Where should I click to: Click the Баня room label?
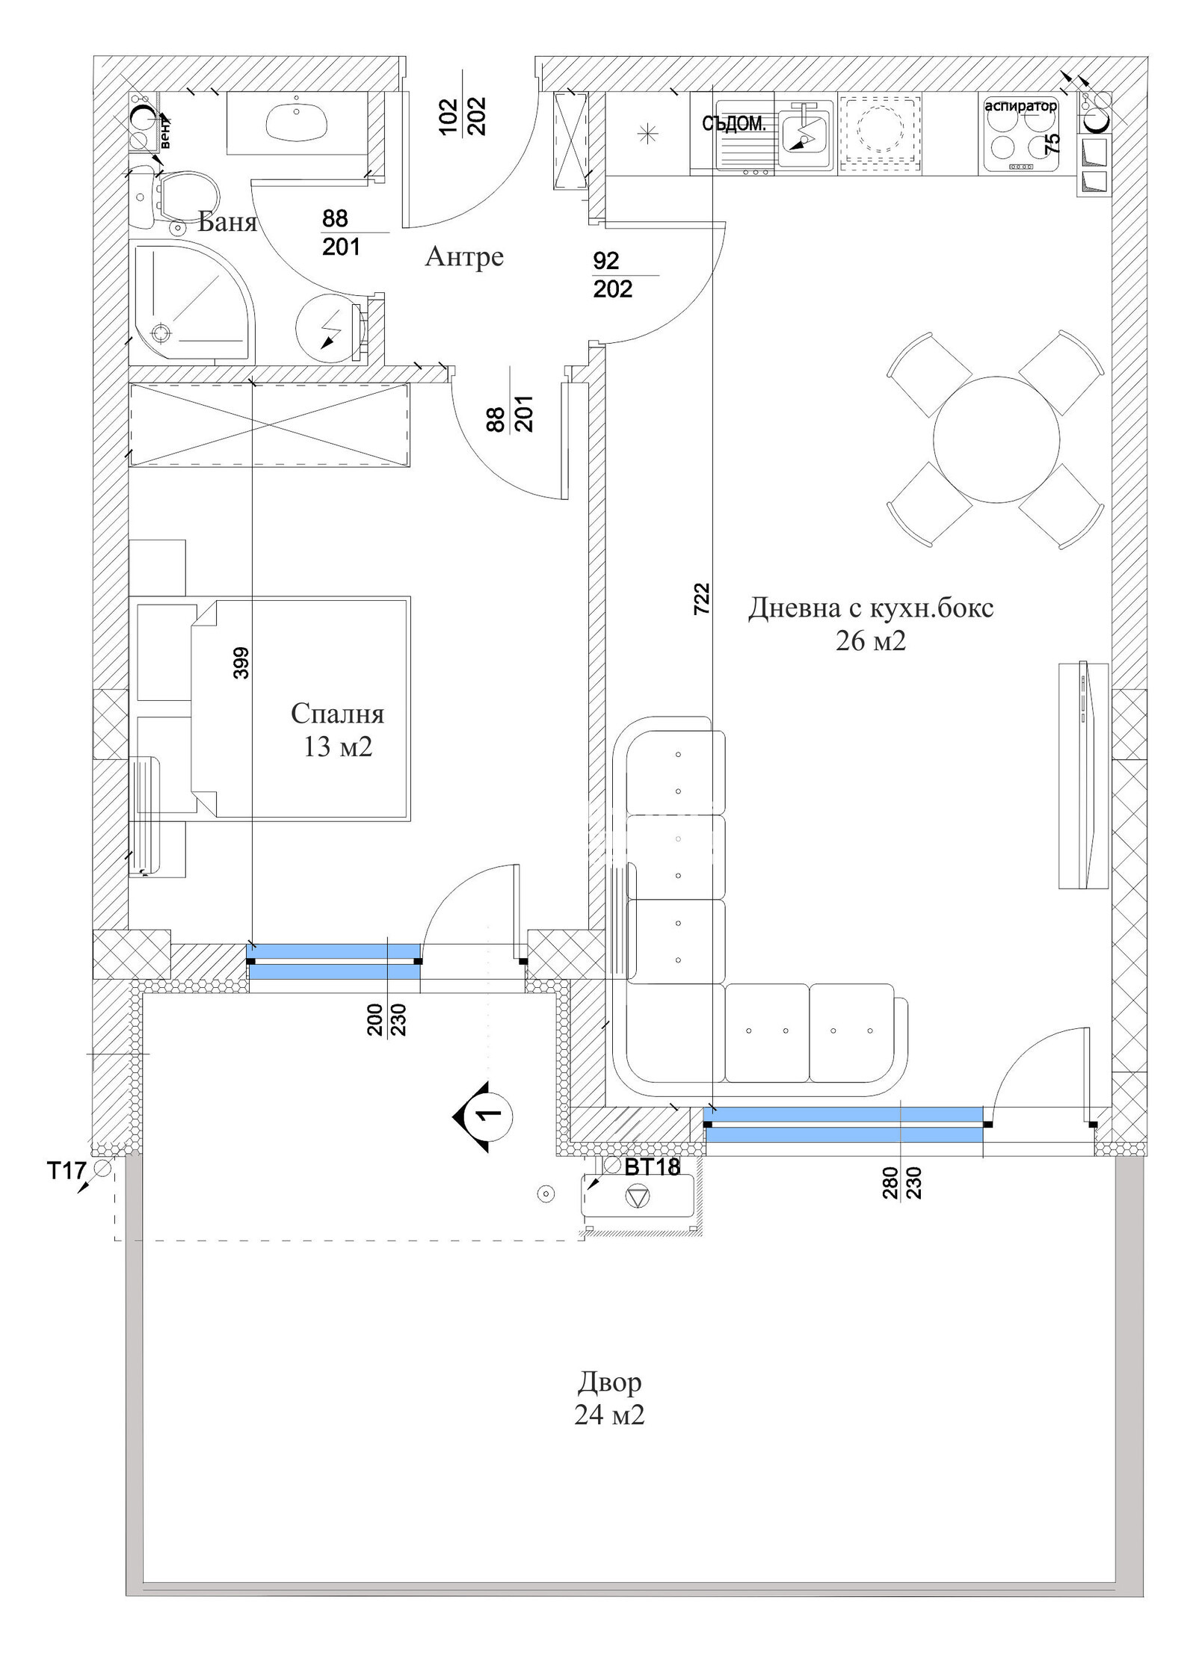[x=227, y=222]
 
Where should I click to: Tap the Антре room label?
[x=464, y=256]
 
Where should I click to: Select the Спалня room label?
[x=337, y=714]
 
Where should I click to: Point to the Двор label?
[x=608, y=1382]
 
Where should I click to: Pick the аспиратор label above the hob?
[x=1020, y=106]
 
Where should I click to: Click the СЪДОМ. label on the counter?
[x=733, y=125]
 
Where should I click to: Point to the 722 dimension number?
[x=701, y=599]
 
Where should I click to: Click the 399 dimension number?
[x=241, y=663]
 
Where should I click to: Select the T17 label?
[x=67, y=1171]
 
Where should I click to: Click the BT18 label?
[x=652, y=1167]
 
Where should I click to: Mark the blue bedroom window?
[x=333, y=961]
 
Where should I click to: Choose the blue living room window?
[x=843, y=1125]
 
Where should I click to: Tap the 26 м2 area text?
[x=870, y=641]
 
